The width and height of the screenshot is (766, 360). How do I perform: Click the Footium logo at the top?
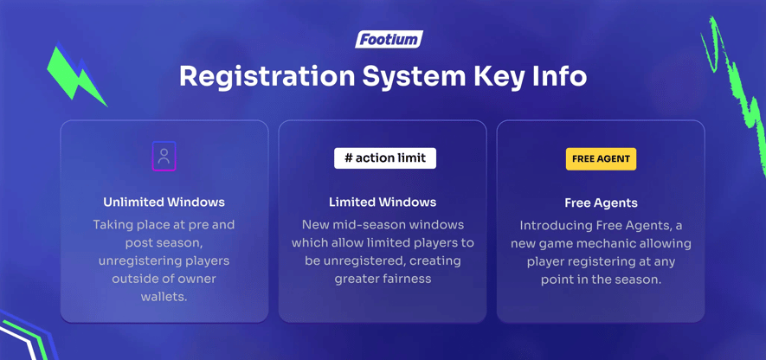(389, 39)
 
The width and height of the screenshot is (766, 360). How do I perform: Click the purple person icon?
(164, 157)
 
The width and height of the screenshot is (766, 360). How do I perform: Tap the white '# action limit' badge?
(385, 158)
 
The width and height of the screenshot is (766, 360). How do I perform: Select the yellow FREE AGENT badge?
(601, 159)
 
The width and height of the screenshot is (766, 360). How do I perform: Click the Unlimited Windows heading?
(164, 202)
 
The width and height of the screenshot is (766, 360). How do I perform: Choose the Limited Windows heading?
(383, 202)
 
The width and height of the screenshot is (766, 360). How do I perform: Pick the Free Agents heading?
(601, 203)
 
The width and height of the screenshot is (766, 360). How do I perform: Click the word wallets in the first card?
(164, 297)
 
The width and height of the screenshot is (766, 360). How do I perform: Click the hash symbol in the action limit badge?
(348, 158)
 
